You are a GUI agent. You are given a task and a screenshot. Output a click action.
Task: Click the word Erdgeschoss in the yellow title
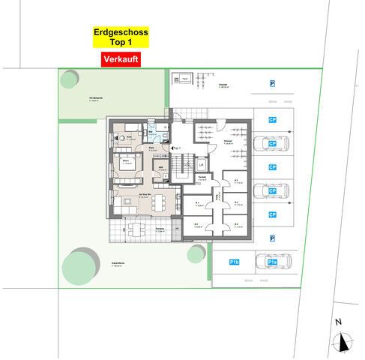121,33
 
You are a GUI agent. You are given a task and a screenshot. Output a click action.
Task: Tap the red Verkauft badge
121,59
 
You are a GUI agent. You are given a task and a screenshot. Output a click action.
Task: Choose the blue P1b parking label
235,262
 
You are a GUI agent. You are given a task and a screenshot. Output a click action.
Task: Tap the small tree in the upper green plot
70,78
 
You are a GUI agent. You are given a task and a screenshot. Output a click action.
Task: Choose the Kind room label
128,137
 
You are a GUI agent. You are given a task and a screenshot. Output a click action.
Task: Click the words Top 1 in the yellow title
121,43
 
